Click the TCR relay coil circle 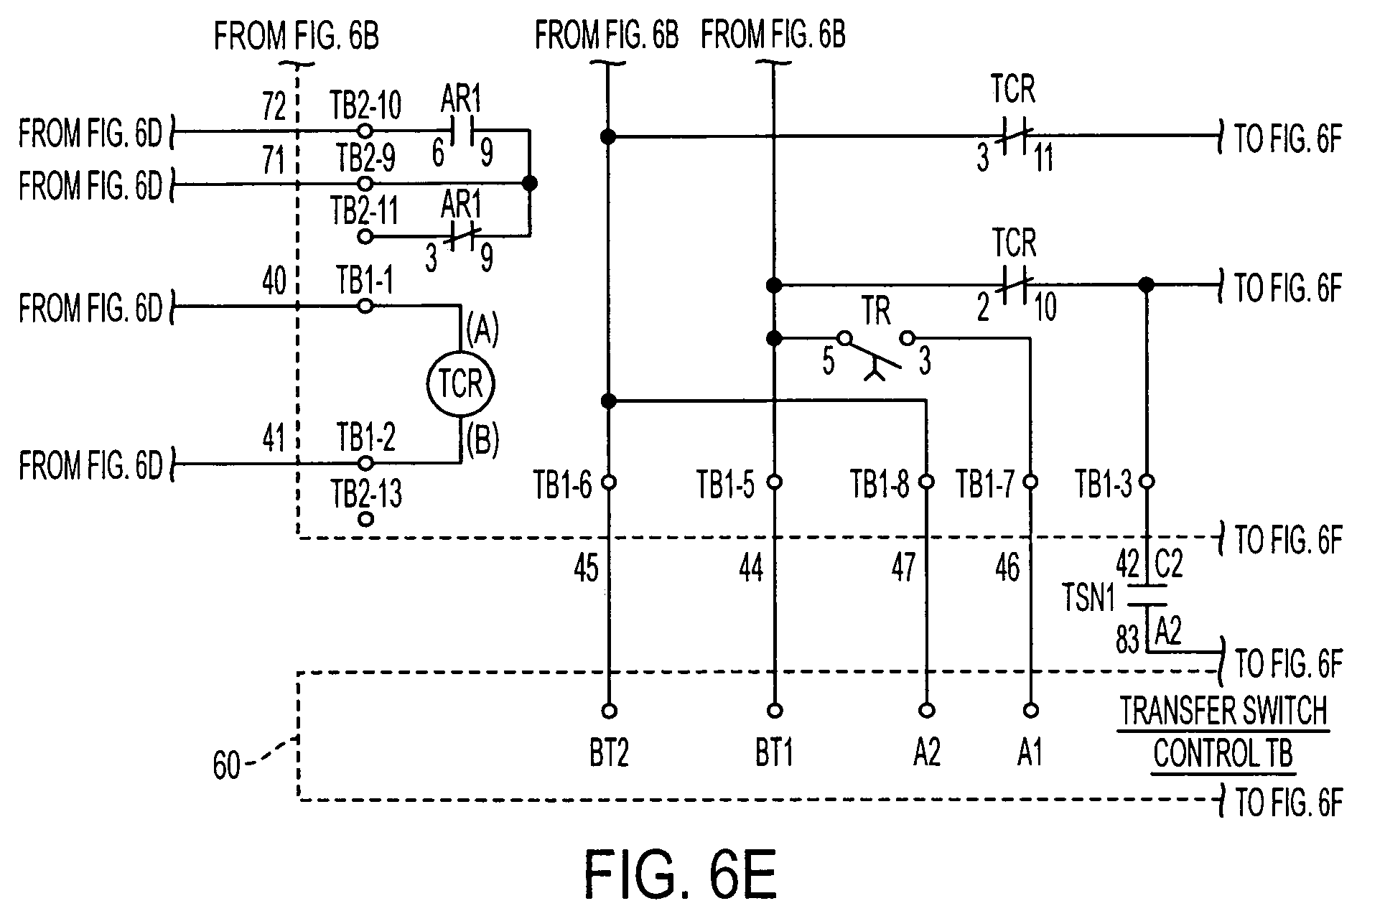(x=460, y=383)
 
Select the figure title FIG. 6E (x=680, y=874)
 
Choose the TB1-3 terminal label (x=1103, y=485)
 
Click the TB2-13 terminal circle (x=365, y=518)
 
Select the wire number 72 (x=274, y=106)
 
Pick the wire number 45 (x=587, y=570)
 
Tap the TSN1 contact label (x=1089, y=597)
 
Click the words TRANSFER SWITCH (x=1223, y=711)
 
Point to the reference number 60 (x=226, y=766)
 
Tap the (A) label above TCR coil (x=482, y=332)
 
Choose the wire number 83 (x=1127, y=640)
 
